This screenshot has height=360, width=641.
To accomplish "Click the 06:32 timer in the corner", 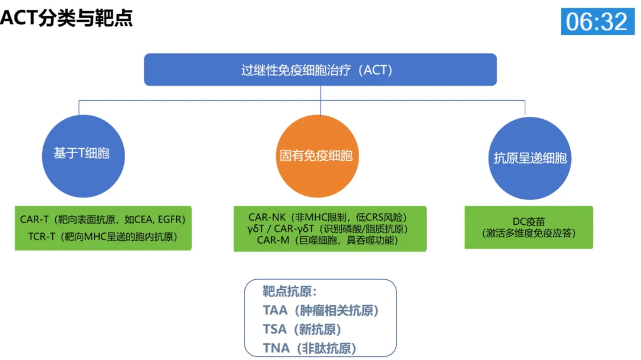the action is tap(596, 21).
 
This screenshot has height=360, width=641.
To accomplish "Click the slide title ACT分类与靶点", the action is tap(66, 18).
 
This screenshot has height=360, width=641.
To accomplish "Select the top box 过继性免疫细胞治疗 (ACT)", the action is tap(320, 70).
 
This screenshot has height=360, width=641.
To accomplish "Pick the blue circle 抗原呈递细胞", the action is tap(530, 158).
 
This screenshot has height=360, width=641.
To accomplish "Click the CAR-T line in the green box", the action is tap(103, 219).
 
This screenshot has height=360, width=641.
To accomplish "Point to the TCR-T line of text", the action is tap(103, 237).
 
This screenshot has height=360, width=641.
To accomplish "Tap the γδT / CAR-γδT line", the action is tap(329, 228).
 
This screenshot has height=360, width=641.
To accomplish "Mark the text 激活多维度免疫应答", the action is tap(529, 233).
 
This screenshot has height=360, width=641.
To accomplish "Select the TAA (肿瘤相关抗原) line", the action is tap(321, 310).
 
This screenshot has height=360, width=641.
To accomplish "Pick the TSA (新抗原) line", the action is tap(302, 329).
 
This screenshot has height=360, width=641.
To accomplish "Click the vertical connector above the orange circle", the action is tap(320, 100).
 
